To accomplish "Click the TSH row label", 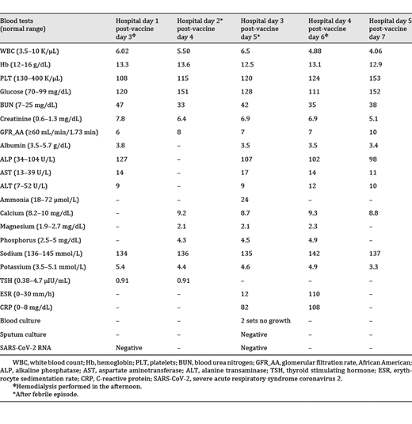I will tap(36, 280).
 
